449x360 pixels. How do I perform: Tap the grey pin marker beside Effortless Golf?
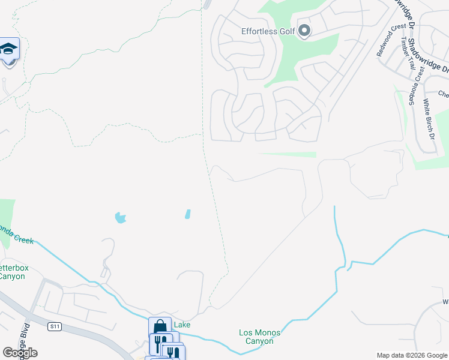(304, 30)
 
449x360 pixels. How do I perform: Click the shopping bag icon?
(160, 327)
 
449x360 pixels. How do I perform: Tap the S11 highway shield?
(55, 326)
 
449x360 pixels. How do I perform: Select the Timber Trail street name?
(408, 54)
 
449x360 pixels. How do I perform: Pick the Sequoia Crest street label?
(417, 85)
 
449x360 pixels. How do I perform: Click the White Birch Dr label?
(429, 118)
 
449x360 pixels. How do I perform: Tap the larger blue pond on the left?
(121, 217)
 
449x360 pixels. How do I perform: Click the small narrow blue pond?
(188, 214)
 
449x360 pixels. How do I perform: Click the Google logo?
(20, 353)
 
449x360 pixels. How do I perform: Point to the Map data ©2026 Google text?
(411, 355)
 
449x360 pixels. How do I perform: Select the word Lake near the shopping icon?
(182, 325)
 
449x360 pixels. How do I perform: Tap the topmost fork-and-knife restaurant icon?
(160, 343)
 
